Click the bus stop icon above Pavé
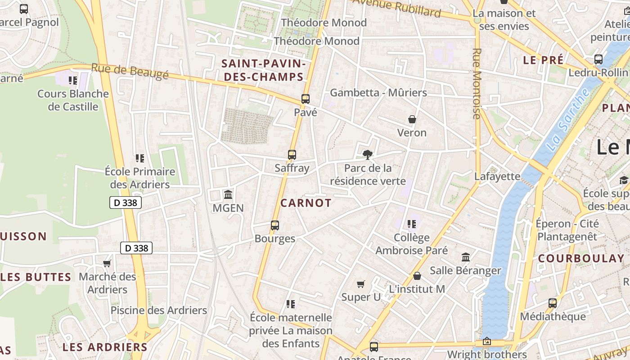point(306,99)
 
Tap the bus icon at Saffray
point(292,155)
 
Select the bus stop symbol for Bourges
point(275,225)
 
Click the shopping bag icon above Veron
point(412,119)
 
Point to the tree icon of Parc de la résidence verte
point(368,155)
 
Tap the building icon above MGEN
point(228,195)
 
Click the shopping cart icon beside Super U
point(360,284)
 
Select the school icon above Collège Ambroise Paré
point(411,224)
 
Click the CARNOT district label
point(306,203)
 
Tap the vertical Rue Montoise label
point(477,83)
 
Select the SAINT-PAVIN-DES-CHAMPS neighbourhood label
point(264,70)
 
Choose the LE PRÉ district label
point(543,60)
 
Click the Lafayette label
point(497,176)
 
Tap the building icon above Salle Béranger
point(466,257)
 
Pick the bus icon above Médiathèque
point(553,303)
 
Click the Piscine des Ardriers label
point(159,310)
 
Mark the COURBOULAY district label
point(581,258)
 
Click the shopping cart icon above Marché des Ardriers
point(107,263)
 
